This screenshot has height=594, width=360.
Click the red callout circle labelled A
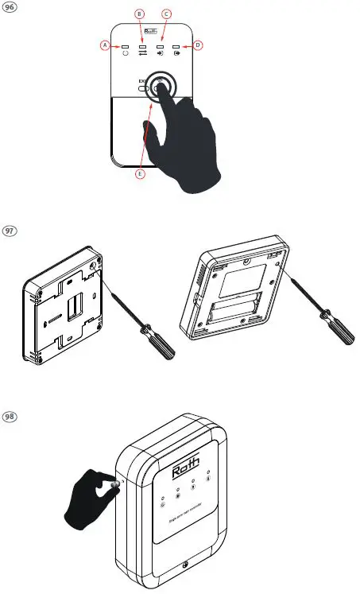[105, 46]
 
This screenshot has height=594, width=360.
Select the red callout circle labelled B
[141, 15]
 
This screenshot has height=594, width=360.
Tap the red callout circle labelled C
[165, 15]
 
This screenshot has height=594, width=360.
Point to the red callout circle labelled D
[198, 46]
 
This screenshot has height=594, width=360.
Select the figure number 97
[11, 231]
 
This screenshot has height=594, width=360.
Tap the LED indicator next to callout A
[126, 49]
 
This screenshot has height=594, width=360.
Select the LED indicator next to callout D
[176, 49]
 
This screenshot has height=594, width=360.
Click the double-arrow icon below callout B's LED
[143, 59]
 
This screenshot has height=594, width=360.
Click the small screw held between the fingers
[115, 483]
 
